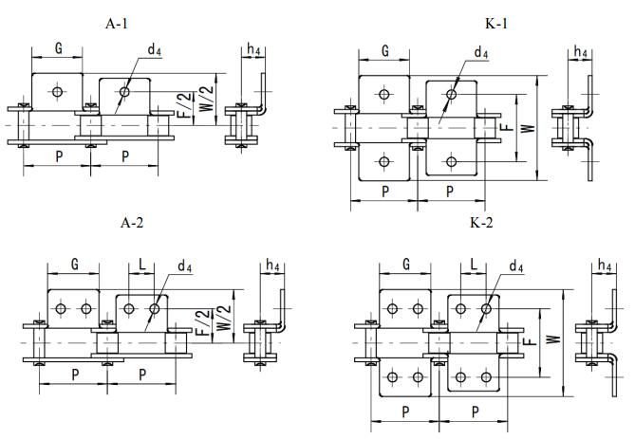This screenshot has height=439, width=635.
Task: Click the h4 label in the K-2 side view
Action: tap(604, 265)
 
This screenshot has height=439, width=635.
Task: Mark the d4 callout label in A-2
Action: tap(182, 266)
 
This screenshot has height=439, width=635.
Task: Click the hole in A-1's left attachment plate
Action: tap(59, 92)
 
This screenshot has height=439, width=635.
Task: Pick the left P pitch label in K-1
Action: tap(385, 191)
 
